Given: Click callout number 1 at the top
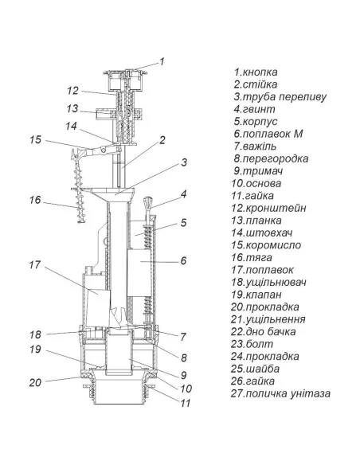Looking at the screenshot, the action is [x=162, y=61].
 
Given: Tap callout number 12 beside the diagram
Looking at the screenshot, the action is [x=72, y=91].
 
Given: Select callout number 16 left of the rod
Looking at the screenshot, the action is [x=35, y=200].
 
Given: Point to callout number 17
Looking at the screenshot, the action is [x=35, y=265].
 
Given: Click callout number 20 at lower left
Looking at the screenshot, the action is [x=35, y=382].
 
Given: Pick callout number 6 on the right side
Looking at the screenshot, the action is [x=183, y=260].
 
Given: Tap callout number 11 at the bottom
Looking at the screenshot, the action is [x=186, y=403].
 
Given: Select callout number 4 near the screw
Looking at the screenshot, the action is [x=184, y=194].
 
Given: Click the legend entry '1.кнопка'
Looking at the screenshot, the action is [x=256, y=72].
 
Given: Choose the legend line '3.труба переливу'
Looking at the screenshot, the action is [x=280, y=97].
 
